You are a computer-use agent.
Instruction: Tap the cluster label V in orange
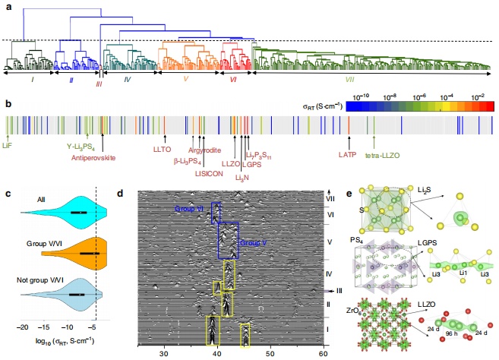(x=186, y=77)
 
